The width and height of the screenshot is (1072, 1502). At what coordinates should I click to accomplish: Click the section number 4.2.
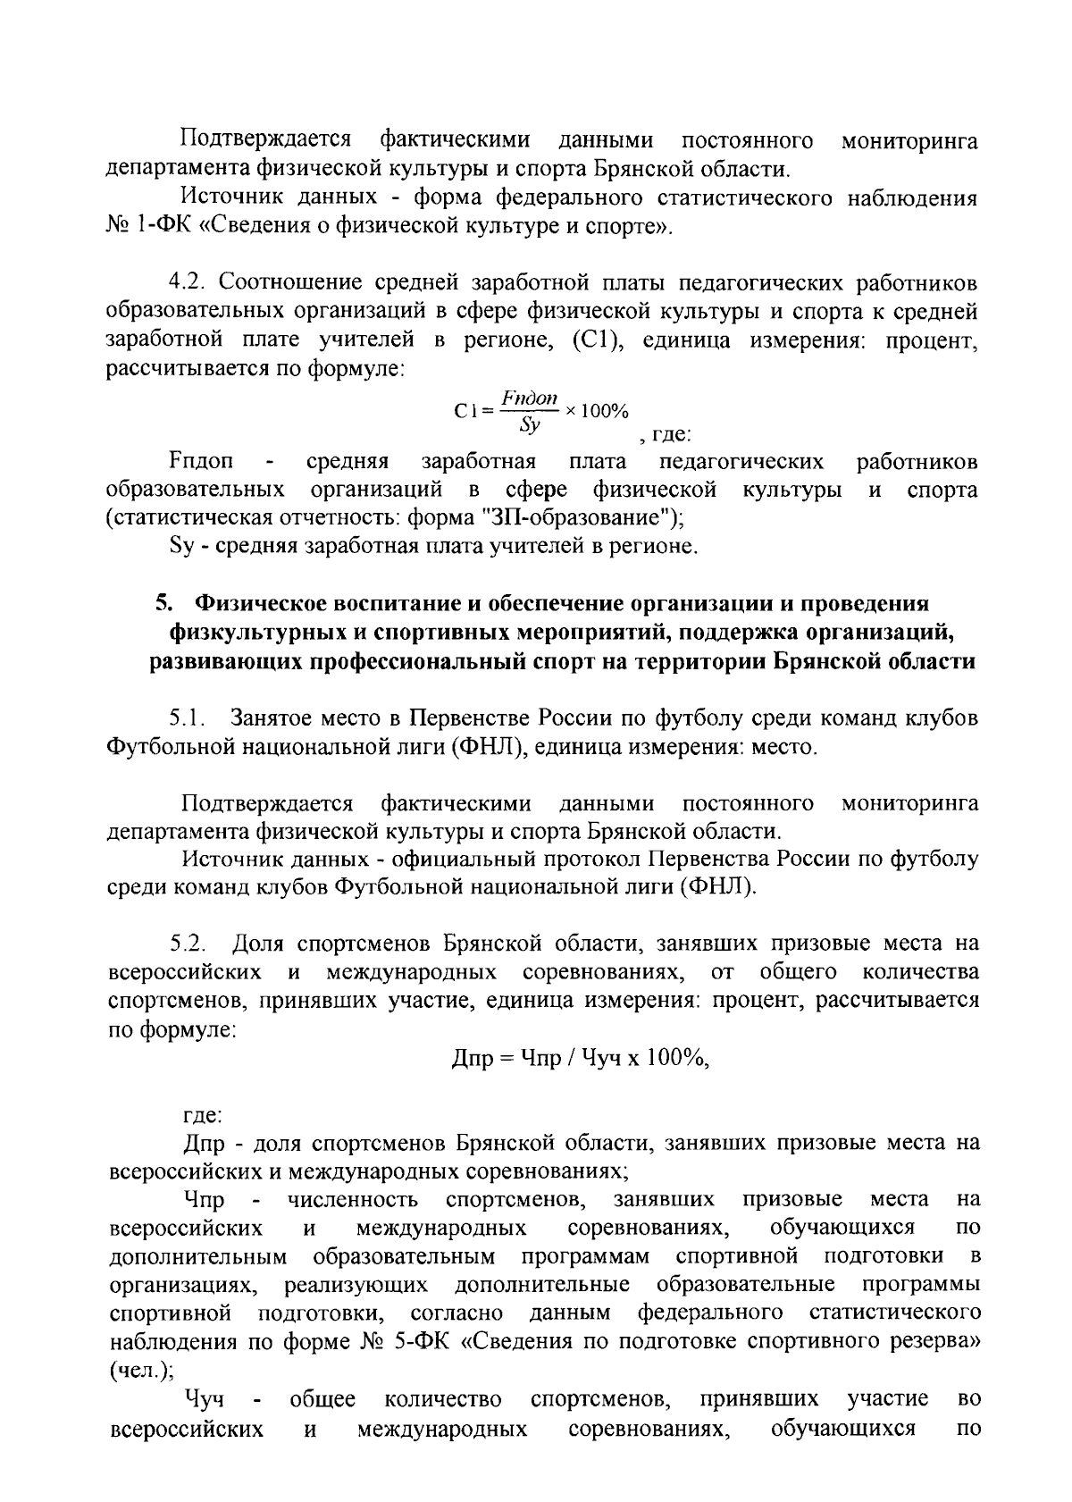click(x=188, y=283)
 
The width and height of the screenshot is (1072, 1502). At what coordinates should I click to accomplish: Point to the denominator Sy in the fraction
click(x=530, y=425)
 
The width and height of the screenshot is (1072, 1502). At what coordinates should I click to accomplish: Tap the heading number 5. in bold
click(x=162, y=604)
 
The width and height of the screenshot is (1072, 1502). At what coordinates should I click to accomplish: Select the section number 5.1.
click(x=188, y=717)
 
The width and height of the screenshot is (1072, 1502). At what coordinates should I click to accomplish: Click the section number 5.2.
click(x=189, y=943)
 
